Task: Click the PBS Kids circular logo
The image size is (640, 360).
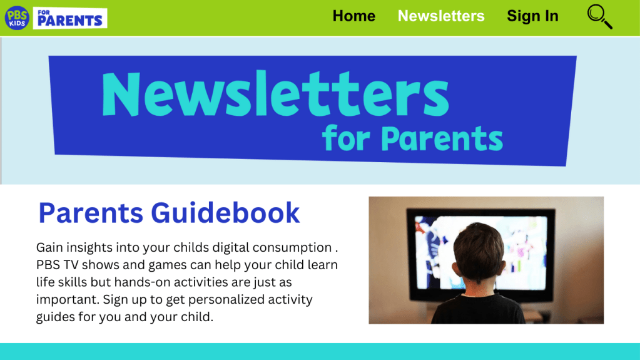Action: [17, 18]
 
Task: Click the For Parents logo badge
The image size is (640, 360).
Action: [70, 18]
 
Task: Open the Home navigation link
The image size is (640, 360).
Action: [354, 16]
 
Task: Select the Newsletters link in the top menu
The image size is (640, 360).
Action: [441, 16]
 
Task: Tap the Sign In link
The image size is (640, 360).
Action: [532, 16]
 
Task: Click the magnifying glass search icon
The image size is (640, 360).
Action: [599, 17]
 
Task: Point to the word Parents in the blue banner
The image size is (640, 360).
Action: [442, 138]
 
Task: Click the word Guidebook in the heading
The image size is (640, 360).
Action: [225, 213]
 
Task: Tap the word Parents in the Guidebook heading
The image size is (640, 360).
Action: [91, 213]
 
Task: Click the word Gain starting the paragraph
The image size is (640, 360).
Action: [49, 248]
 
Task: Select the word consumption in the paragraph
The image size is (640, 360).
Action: [292, 248]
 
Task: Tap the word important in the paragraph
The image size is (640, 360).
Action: [68, 300]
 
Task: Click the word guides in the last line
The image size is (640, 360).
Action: [56, 317]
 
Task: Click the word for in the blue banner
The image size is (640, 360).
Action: [346, 138]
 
